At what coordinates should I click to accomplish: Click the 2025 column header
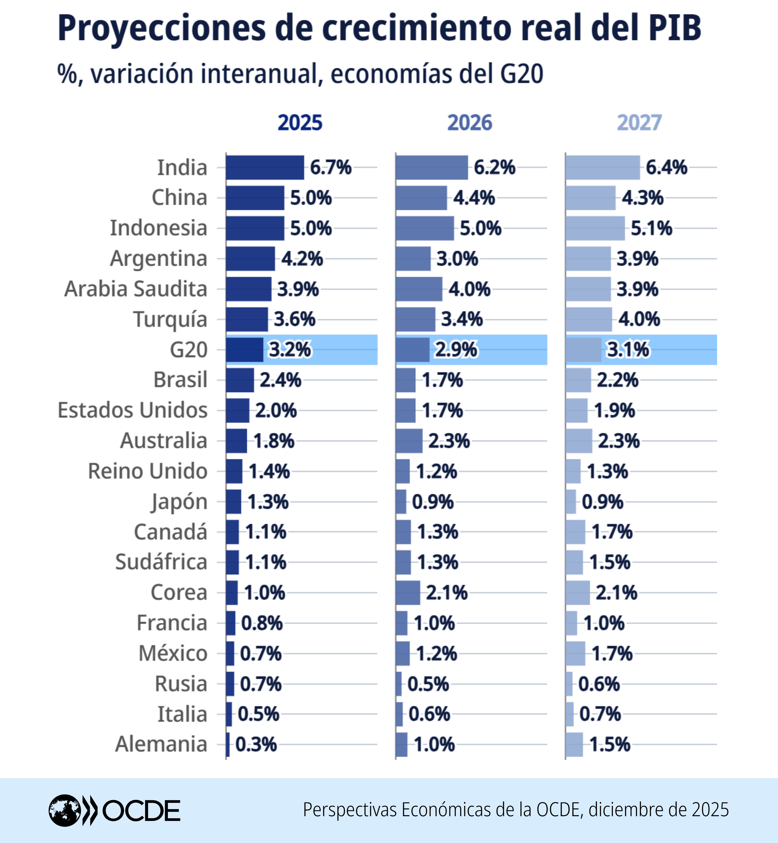300,123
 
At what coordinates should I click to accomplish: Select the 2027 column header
639,123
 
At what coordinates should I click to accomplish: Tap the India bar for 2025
264,168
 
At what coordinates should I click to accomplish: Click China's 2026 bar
421,198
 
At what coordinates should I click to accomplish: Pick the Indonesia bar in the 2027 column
595,228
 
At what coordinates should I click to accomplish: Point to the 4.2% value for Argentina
302,259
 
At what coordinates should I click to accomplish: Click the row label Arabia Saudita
136,289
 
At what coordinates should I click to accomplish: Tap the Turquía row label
170,320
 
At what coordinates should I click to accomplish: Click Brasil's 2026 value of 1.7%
442,380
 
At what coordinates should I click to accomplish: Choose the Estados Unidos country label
132,410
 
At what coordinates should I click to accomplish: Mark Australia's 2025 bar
236,441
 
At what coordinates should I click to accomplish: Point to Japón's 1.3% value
268,502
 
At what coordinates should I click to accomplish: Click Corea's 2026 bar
408,593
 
